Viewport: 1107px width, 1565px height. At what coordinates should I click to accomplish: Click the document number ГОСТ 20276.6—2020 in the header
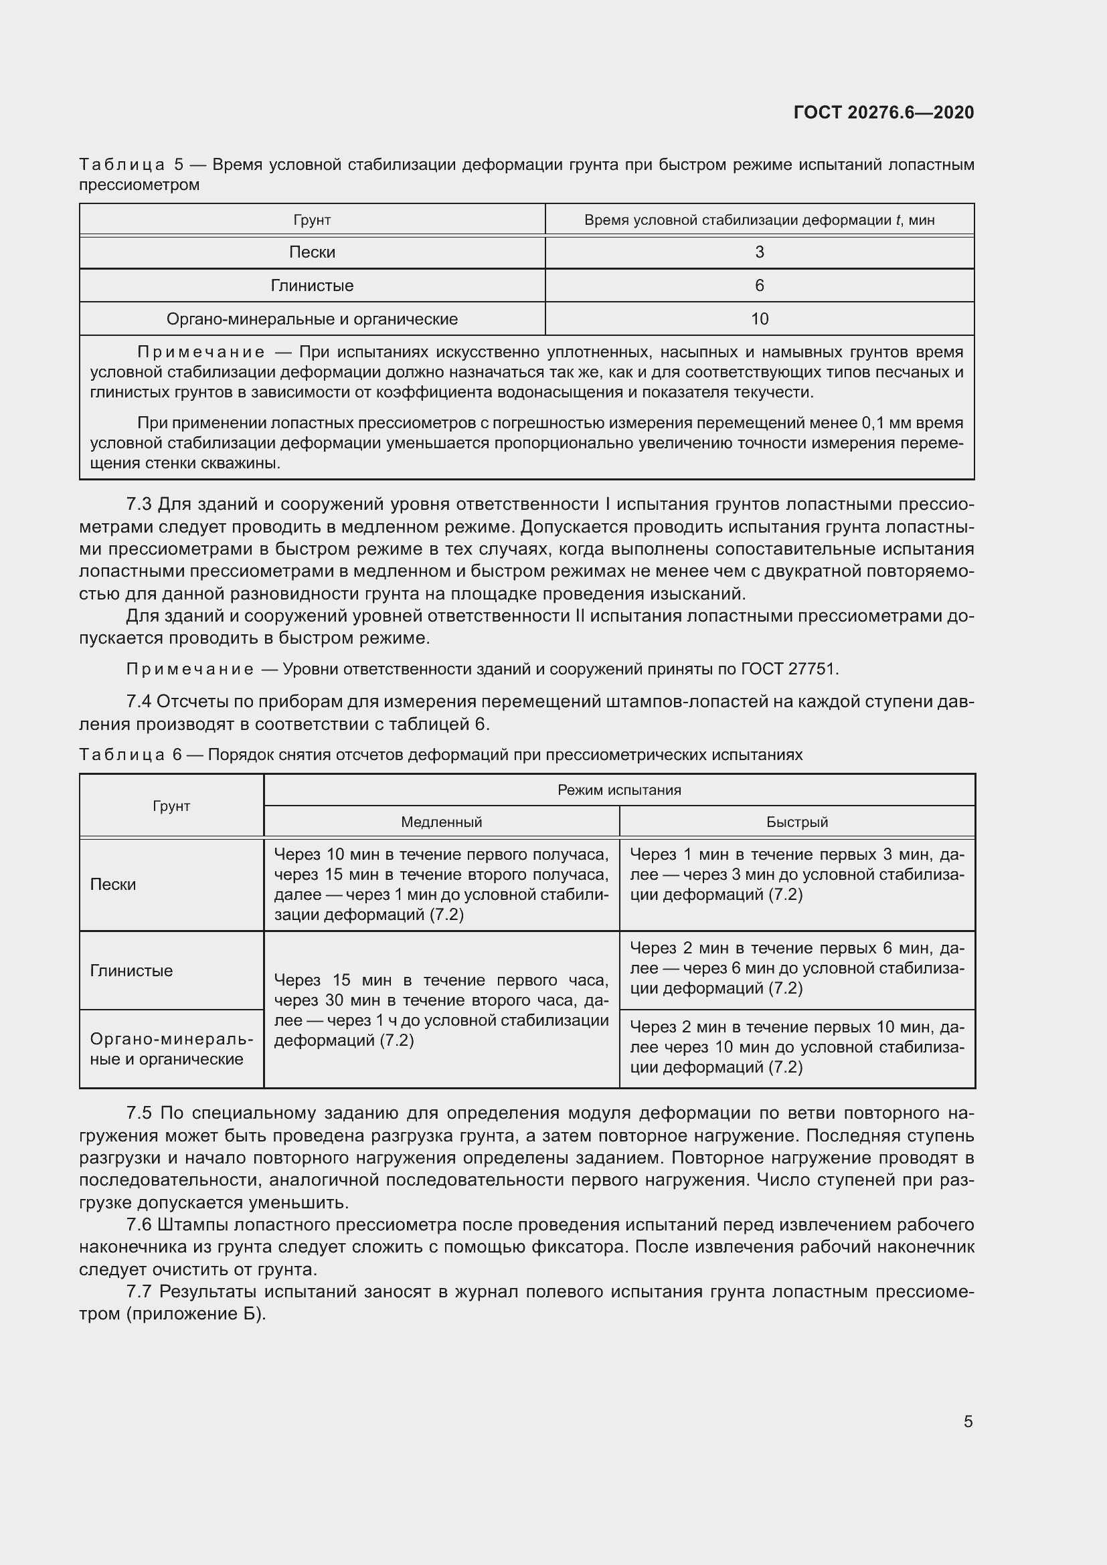pyautogui.click(x=883, y=112)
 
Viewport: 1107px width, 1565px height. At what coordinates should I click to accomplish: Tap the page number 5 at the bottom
pyautogui.click(x=968, y=1421)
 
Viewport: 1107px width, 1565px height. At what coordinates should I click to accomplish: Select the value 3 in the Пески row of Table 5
pyautogui.click(x=760, y=252)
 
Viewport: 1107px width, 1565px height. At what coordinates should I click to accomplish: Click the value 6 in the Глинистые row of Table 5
pyautogui.click(x=760, y=286)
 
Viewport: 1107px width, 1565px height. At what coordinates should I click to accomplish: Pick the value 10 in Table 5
pyautogui.click(x=760, y=319)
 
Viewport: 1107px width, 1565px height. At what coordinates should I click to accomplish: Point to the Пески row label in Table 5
pyautogui.click(x=312, y=252)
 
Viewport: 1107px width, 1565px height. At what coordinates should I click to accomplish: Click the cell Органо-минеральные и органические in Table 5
pyautogui.click(x=312, y=319)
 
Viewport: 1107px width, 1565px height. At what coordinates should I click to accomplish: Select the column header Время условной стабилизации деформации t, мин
pyautogui.click(x=760, y=220)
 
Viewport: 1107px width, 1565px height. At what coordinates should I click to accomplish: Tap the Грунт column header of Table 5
pyautogui.click(x=312, y=220)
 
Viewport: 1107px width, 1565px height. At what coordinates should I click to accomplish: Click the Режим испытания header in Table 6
pyautogui.click(x=619, y=790)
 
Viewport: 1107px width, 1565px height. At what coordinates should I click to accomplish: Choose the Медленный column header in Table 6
pyautogui.click(x=441, y=822)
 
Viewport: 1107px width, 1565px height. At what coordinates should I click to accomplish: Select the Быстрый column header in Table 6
pyautogui.click(x=797, y=822)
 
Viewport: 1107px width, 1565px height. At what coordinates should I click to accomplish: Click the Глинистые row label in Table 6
pyautogui.click(x=132, y=971)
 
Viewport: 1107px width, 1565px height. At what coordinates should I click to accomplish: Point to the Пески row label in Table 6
pyautogui.click(x=113, y=885)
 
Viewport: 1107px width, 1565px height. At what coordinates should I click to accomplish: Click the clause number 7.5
pyautogui.click(x=139, y=1113)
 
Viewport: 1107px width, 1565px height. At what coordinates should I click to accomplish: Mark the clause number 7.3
pyautogui.click(x=139, y=504)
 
